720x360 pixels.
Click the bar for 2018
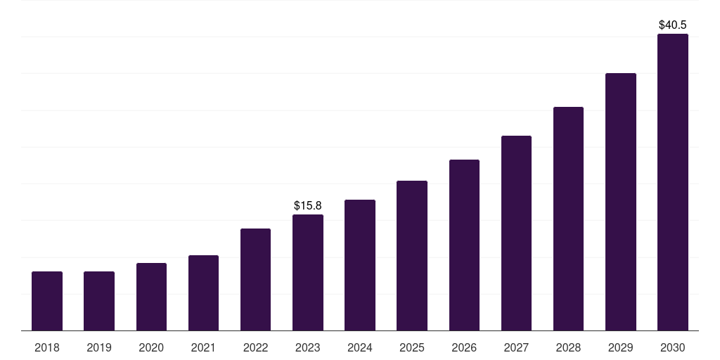[47, 301]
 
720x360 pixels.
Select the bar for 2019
[99, 301]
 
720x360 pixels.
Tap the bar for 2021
[203, 292]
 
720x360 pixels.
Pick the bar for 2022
[255, 279]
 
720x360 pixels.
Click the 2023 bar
[308, 272]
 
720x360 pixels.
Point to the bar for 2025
[412, 255]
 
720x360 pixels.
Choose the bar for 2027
[516, 233]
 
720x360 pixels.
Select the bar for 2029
[621, 202]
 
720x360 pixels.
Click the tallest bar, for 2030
[673, 182]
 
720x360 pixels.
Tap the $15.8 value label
[308, 205]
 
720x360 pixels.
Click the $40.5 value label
[673, 25]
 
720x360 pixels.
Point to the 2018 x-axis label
[47, 347]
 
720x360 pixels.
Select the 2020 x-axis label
[151, 347]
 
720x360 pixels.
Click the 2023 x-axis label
[308, 347]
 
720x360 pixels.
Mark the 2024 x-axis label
[360, 347]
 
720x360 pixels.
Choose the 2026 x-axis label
[464, 347]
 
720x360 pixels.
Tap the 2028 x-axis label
[568, 347]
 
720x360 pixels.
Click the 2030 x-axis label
[673, 347]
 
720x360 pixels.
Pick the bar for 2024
[360, 265]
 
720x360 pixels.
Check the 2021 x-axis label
[203, 347]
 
